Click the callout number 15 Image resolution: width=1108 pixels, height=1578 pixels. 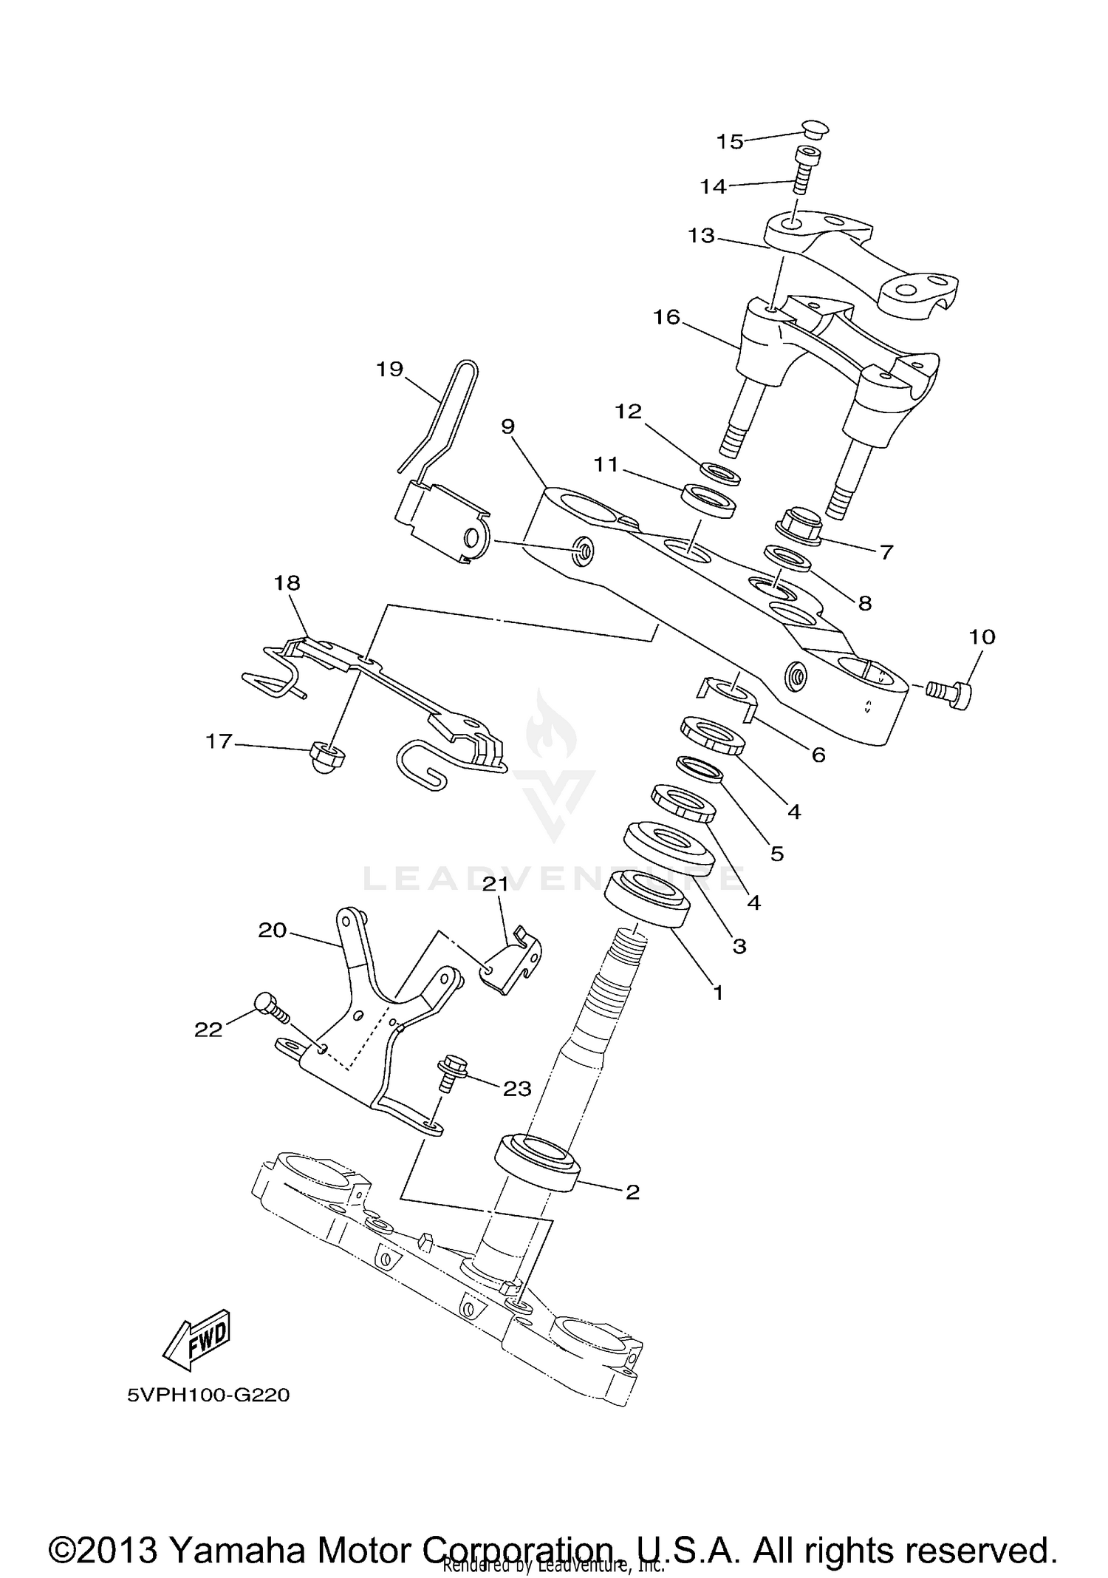point(730,141)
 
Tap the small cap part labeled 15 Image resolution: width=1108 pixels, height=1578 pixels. point(815,129)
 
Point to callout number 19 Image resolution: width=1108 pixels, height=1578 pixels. point(389,368)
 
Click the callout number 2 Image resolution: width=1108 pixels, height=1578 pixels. point(632,1192)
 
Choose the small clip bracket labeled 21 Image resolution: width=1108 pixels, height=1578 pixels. point(512,963)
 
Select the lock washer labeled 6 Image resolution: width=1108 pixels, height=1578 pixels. point(728,694)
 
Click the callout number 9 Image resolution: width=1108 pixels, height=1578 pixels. point(507,426)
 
